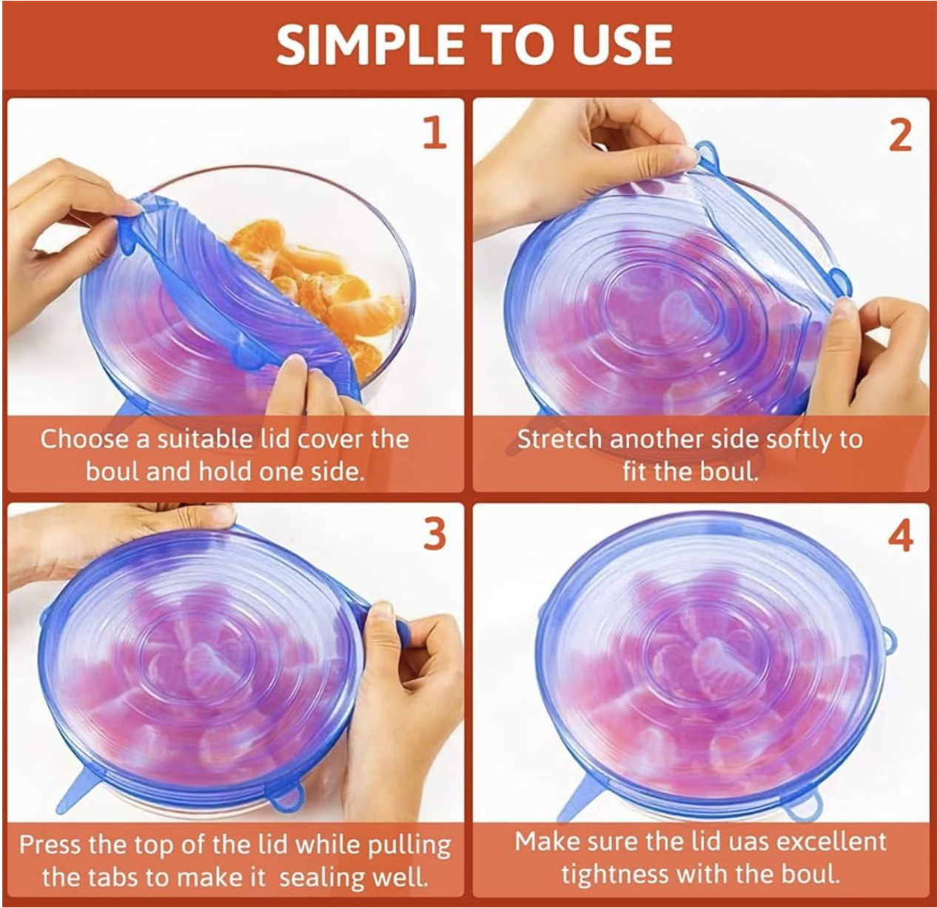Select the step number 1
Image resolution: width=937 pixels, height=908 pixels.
pos(434,132)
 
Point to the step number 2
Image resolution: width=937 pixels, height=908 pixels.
pos(899,136)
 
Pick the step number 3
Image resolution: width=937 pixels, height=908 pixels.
pos(434,535)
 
